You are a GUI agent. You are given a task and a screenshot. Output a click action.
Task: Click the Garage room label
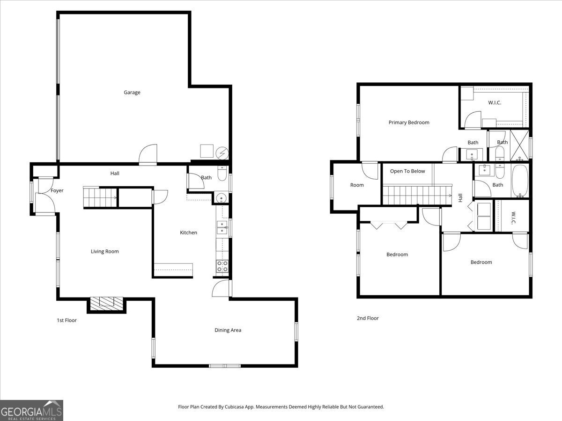tap(132, 93)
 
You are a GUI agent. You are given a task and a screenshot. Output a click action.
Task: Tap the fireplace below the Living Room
tap(106, 304)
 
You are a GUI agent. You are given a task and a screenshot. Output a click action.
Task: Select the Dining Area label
tap(228, 330)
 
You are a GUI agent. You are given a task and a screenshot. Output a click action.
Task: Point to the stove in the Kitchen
tap(222, 266)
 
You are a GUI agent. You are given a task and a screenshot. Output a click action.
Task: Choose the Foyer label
tap(57, 191)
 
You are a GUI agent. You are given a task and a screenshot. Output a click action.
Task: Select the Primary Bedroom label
tap(409, 123)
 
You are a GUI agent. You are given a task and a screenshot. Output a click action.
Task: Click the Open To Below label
tap(407, 171)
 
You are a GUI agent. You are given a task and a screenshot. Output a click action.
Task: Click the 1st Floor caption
tap(67, 320)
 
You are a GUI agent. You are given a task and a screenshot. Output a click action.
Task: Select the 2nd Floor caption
tap(368, 318)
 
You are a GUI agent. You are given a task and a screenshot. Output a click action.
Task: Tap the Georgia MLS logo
tap(31, 410)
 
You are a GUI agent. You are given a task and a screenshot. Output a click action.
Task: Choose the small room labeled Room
tap(357, 185)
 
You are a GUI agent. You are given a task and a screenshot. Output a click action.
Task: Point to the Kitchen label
tap(189, 232)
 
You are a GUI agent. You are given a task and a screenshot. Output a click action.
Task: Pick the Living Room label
tap(105, 252)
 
